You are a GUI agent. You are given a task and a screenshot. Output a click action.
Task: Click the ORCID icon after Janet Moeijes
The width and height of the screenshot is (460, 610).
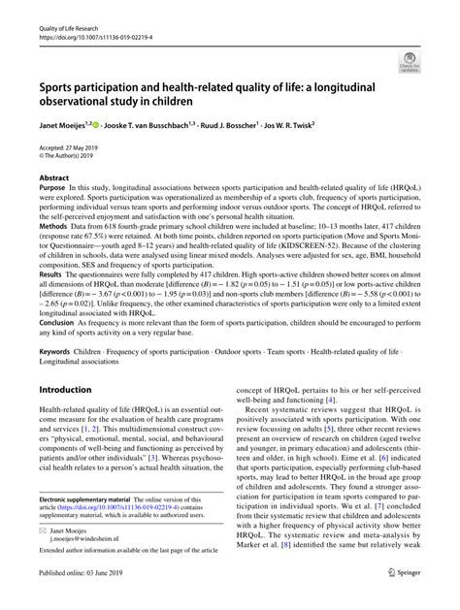(102, 124)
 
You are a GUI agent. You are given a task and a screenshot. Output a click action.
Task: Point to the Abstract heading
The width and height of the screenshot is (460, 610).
(53, 179)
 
